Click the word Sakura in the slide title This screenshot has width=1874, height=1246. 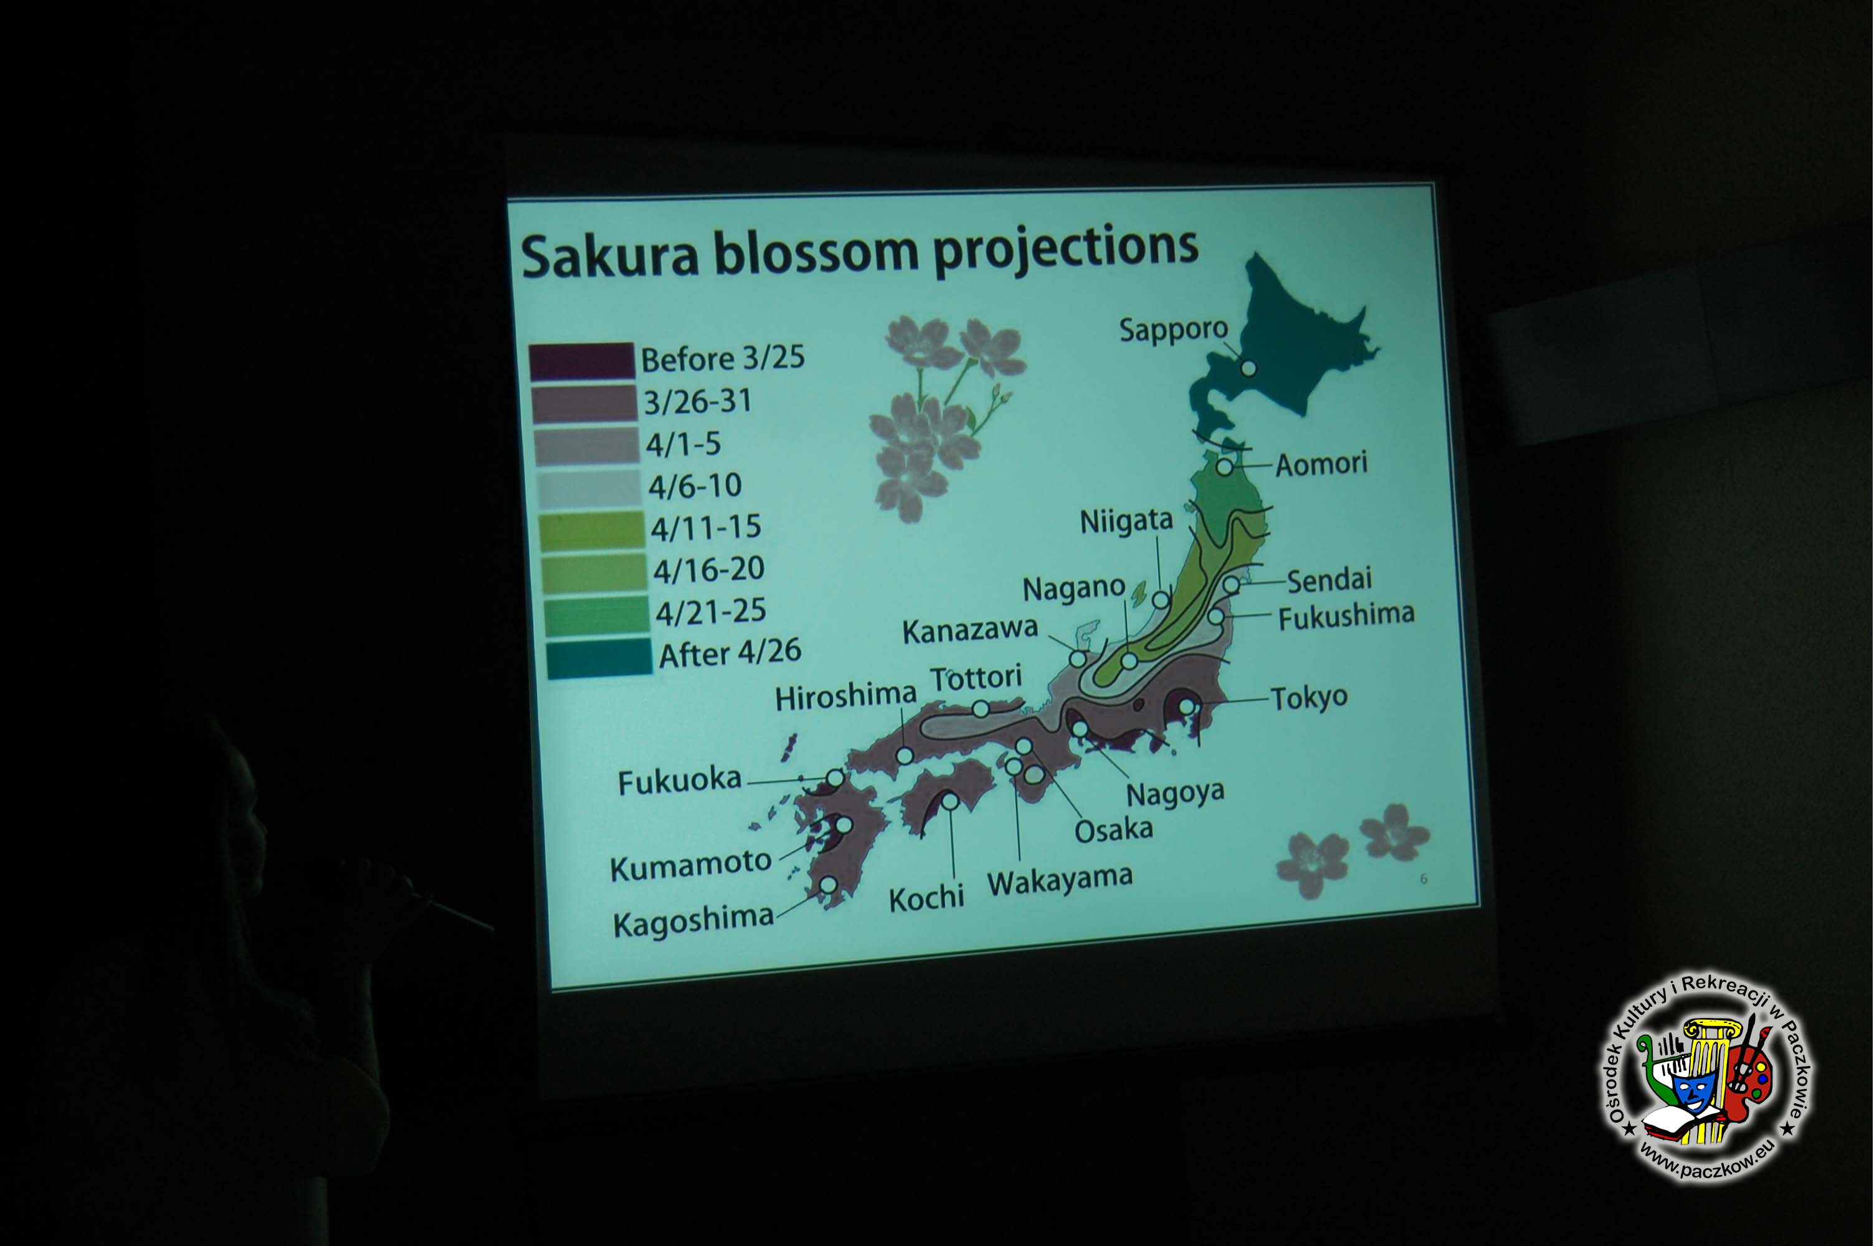(x=609, y=256)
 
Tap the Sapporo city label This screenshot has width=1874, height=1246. (x=1173, y=329)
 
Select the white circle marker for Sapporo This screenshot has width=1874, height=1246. (x=1248, y=369)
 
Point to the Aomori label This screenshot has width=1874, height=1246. (x=1321, y=464)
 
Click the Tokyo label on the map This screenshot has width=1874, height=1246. (x=1309, y=698)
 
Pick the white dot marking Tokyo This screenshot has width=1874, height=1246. (x=1186, y=706)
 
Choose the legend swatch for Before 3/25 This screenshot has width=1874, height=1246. (x=581, y=361)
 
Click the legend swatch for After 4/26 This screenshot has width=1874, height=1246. (x=599, y=659)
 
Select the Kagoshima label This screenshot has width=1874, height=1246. (x=693, y=920)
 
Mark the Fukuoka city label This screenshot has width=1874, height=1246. (x=679, y=781)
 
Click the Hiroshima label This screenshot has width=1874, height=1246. (x=845, y=697)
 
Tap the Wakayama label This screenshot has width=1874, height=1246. (x=1060, y=880)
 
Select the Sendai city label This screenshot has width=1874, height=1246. (x=1329, y=580)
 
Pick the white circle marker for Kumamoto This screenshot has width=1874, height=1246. (x=844, y=825)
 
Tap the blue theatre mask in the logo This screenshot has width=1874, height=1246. (x=1694, y=1092)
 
